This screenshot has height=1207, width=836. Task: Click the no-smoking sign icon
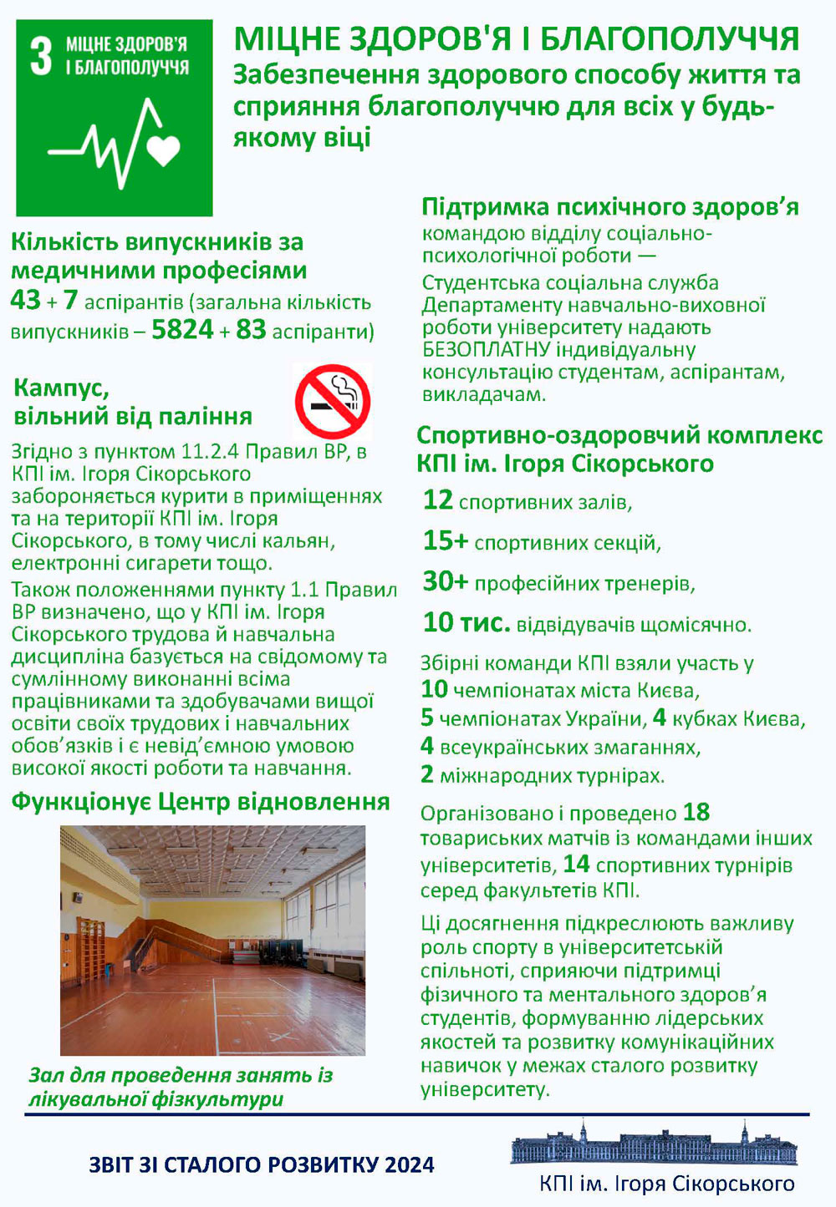click(333, 402)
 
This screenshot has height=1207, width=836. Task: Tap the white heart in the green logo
click(163, 150)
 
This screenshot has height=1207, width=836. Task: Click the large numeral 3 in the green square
click(41, 57)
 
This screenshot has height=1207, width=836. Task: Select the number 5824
click(182, 330)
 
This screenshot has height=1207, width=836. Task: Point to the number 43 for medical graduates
click(25, 300)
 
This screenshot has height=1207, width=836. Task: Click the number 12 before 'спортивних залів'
click(437, 500)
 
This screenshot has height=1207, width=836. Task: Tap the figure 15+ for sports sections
click(445, 541)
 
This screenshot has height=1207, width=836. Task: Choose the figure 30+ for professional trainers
click(445, 581)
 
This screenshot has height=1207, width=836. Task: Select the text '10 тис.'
click(466, 622)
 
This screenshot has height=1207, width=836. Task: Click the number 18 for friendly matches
click(696, 812)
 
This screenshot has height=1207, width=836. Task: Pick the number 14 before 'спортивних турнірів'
click(576, 864)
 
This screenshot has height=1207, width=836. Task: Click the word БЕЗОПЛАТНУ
click(486, 349)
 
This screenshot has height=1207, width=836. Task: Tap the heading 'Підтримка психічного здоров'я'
click(609, 207)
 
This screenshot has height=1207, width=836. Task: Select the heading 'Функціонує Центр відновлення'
click(201, 802)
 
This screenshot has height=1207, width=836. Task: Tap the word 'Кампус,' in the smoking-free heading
click(61, 388)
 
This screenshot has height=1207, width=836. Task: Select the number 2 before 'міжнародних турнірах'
click(426, 775)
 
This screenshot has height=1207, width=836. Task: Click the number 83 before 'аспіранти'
click(250, 330)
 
